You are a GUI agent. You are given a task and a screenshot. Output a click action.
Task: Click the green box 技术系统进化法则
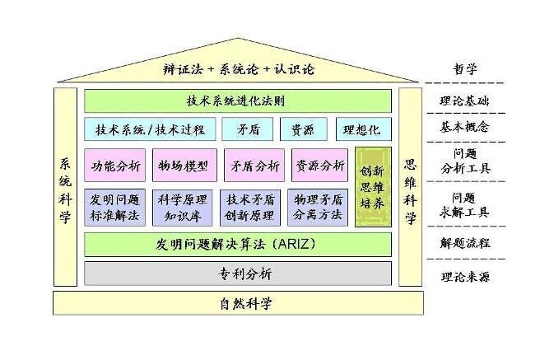(237, 101)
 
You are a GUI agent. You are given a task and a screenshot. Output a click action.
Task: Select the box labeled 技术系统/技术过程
(150, 129)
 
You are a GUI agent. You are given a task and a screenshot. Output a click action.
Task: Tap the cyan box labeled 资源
(296, 129)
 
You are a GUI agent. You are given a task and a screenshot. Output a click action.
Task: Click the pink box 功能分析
(116, 165)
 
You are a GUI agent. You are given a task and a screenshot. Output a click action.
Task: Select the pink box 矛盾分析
(254, 165)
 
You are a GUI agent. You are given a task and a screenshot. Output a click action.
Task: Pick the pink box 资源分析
(319, 165)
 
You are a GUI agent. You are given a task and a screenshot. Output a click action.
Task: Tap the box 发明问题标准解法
(116, 208)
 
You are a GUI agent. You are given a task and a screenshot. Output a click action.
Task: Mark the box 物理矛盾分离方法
(320, 208)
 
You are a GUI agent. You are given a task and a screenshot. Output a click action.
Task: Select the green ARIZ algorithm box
(237, 244)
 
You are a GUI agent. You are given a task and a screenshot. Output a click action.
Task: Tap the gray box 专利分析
(237, 273)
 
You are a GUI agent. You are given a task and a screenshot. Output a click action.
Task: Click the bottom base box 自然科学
(238, 303)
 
